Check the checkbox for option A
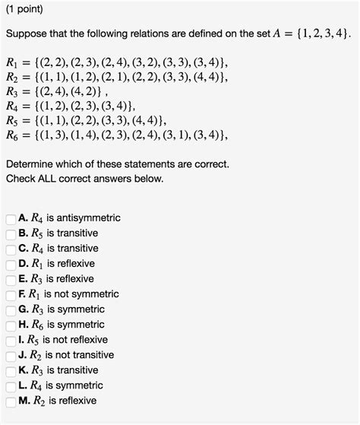tap(10, 219)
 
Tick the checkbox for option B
tap(10, 234)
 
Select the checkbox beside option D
tap(10, 265)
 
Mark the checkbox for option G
tap(10, 310)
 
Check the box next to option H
tap(10, 325)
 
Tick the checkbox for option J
tap(10, 356)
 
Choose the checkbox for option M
tap(10, 401)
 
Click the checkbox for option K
tap(10, 371)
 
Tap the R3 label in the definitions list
tap(12, 94)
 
